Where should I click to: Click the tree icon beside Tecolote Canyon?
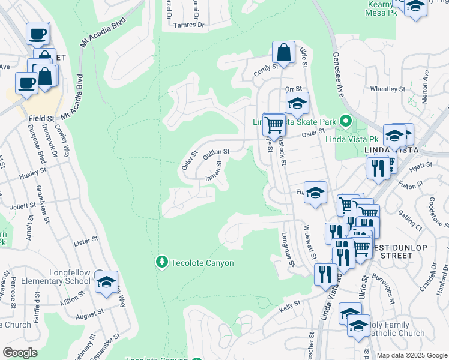[x=161, y=262]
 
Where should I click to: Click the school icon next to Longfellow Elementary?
[x=106, y=281]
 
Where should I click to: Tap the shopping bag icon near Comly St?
[x=284, y=52]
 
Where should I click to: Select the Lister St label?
[x=85, y=240]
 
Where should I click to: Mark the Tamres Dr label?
[x=188, y=25]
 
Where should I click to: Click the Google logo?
[x=20, y=353]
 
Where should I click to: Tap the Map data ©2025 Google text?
[x=412, y=355]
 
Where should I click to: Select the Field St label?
[x=41, y=119]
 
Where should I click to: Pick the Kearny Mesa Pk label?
[x=382, y=9]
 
